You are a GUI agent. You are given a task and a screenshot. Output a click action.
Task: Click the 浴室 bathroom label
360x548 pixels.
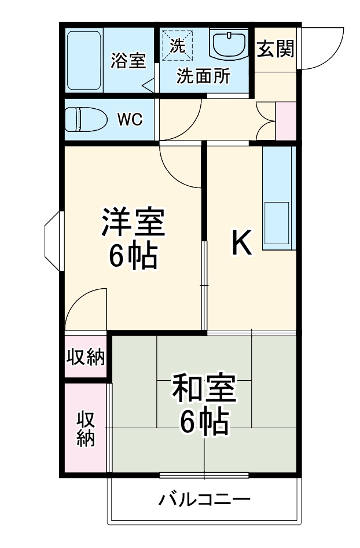coord(128,60)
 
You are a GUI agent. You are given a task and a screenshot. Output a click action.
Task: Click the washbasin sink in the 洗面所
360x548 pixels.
coord(229,44)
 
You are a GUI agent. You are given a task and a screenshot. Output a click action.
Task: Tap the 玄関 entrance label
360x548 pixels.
coord(275,50)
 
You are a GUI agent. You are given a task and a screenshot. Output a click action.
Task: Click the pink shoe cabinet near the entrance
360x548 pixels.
coord(286,121)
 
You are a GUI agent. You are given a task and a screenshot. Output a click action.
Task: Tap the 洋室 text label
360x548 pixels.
coord(134,223)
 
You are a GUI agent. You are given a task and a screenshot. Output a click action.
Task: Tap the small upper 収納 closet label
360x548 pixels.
coord(85,358)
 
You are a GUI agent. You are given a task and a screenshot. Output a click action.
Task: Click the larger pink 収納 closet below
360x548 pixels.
coord(86,428)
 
